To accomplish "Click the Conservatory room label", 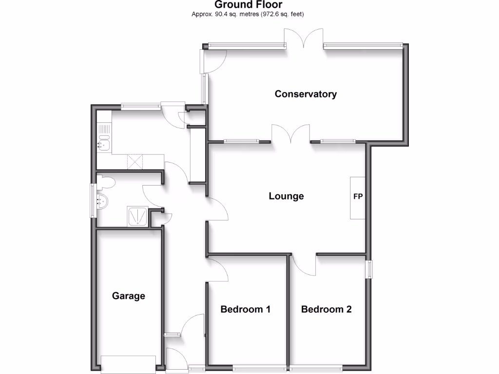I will (306, 94).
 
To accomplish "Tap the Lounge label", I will (286, 196).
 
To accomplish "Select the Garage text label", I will (129, 296).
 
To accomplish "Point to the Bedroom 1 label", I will (246, 309).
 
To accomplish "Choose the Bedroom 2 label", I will (326, 309).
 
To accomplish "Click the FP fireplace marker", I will (358, 197).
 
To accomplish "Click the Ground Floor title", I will (249, 5).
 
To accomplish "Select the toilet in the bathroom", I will (106, 183).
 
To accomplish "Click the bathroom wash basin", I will (102, 200).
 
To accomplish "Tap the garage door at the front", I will (128, 364).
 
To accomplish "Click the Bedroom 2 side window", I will (369, 269).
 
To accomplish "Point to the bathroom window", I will (93, 200).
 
